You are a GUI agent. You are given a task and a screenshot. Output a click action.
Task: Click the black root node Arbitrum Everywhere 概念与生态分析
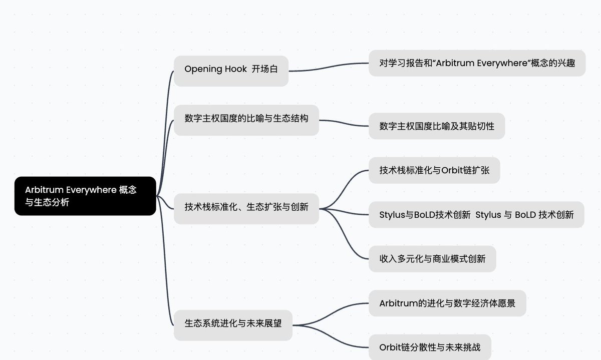click(85, 196)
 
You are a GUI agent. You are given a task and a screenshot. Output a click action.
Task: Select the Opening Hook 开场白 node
click(231, 71)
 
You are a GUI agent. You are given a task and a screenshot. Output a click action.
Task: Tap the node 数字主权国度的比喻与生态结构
click(246, 120)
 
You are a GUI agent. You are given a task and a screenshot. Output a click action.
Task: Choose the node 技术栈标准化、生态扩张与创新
click(246, 209)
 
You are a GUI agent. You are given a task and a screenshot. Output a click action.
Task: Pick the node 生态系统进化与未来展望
click(233, 325)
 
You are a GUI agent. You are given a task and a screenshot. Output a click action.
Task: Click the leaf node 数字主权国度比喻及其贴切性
click(437, 126)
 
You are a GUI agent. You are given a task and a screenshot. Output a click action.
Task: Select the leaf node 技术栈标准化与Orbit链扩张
click(434, 170)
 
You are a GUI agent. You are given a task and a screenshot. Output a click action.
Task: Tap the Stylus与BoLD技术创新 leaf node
click(476, 215)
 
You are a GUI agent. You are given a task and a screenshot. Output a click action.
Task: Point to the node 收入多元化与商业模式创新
click(432, 259)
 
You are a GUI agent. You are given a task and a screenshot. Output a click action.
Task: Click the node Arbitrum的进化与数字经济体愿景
click(447, 303)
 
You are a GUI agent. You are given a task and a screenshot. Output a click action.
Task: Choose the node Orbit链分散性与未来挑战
click(430, 347)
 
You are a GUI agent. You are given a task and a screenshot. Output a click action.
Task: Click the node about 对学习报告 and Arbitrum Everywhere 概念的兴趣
click(477, 63)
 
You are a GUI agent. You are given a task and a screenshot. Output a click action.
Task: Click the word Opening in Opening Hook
click(203, 69)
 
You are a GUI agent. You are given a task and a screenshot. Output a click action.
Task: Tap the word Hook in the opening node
click(235, 69)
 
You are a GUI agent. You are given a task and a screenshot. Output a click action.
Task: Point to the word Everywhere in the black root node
click(91, 190)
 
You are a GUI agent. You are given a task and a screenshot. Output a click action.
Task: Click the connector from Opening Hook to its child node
click(329, 67)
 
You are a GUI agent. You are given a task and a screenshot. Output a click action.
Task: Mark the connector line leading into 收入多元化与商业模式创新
click(344, 234)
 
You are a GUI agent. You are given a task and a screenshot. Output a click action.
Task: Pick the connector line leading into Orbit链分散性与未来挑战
click(331, 336)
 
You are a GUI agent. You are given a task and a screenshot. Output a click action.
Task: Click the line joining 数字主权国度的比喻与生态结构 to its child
click(344, 123)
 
